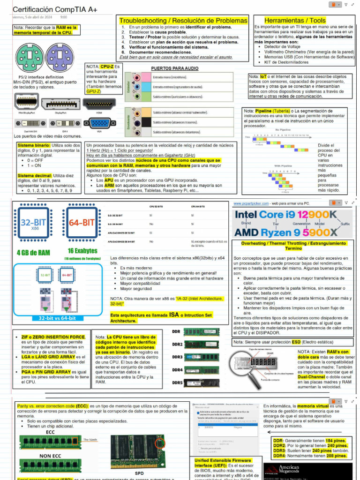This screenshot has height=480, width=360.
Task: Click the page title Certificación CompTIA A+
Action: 55,9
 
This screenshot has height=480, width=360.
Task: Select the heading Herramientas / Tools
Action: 295,21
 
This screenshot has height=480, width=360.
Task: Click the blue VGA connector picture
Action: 99,124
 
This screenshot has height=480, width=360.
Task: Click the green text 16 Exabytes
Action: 82,251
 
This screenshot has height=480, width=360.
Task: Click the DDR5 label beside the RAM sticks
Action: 177,382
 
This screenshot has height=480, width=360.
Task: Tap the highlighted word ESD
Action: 296,342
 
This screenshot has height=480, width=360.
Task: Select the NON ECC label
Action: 50,455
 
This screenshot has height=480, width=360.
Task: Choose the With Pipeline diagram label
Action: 284,165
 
